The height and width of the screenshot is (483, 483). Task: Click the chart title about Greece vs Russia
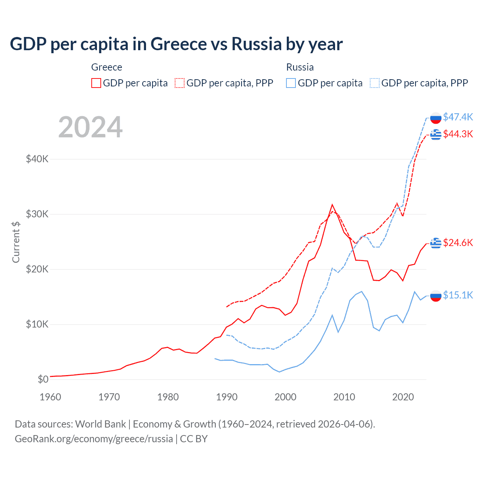pyautogui.click(x=176, y=44)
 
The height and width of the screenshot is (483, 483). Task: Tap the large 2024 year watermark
pyautogui.click(x=90, y=127)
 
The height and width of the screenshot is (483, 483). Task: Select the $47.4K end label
pyautogui.click(x=458, y=117)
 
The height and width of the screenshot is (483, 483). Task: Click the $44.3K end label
pyautogui.click(x=458, y=134)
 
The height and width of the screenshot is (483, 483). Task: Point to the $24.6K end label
pyautogui.click(x=458, y=243)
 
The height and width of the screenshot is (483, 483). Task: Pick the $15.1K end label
pyautogui.click(x=458, y=295)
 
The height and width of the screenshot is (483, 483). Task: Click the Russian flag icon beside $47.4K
pyautogui.click(x=436, y=118)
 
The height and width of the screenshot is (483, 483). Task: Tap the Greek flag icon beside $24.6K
pyautogui.click(x=436, y=243)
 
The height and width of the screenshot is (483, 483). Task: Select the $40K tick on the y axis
pyautogui.click(x=37, y=159)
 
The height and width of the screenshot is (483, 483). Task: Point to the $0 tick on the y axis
pyautogui.click(x=43, y=379)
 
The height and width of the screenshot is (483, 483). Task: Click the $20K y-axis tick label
pyautogui.click(x=37, y=269)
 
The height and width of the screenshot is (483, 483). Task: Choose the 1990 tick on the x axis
pyautogui.click(x=227, y=397)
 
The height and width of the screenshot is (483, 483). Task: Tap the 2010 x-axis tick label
pyautogui.click(x=344, y=397)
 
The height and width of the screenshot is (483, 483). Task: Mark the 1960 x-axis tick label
pyautogui.click(x=50, y=397)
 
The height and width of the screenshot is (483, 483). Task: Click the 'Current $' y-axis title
pyautogui.click(x=16, y=242)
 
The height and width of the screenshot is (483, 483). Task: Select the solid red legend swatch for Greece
pyautogui.click(x=96, y=83)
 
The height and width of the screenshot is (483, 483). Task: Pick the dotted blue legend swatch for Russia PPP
pyautogui.click(x=375, y=83)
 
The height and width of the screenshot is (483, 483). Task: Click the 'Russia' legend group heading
pyautogui.click(x=300, y=67)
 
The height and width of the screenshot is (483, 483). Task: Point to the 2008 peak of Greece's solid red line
pyautogui.click(x=332, y=205)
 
